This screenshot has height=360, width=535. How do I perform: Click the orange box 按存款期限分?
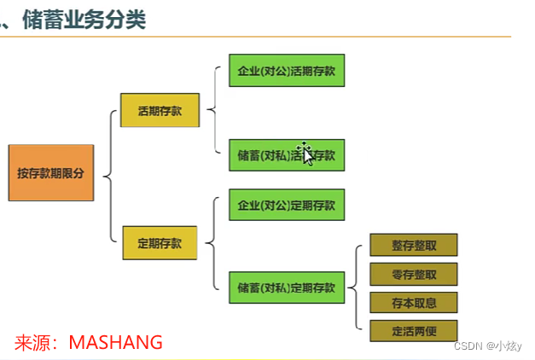click(x=50, y=173)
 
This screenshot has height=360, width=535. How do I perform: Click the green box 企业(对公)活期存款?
click(x=286, y=71)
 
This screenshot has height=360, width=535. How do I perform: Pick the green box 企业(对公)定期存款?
click(x=286, y=205)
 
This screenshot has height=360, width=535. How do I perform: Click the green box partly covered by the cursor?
click(x=286, y=156)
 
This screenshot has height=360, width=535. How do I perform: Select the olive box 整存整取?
click(x=414, y=246)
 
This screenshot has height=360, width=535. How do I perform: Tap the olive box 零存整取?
click(x=414, y=274)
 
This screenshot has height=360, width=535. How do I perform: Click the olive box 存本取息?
click(x=414, y=303)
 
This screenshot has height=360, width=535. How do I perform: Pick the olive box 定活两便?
click(x=414, y=331)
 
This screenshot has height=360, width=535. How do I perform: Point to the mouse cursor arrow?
click(x=305, y=154)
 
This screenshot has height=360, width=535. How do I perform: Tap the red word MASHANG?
click(x=115, y=342)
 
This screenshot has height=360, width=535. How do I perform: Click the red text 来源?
click(x=34, y=342)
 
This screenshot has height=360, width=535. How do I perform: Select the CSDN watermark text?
click(x=487, y=345)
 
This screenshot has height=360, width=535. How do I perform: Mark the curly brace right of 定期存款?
click(x=211, y=244)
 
